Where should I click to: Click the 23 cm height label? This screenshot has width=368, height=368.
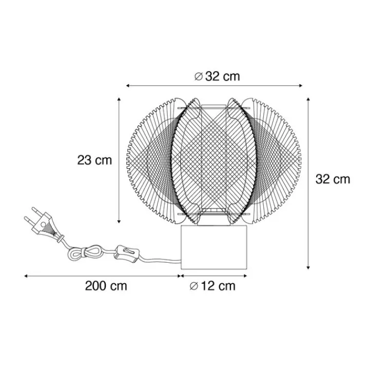pyautogui.click(x=94, y=161)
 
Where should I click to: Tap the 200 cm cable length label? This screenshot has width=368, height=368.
pyautogui.click(x=106, y=286)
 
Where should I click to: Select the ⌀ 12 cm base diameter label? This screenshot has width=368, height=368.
pyautogui.click(x=212, y=286)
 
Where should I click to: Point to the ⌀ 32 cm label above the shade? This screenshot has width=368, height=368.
pyautogui.click(x=217, y=76)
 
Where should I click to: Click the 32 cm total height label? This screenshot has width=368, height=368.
pyautogui.click(x=333, y=180)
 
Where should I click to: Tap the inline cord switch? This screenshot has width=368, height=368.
pyautogui.click(x=126, y=253)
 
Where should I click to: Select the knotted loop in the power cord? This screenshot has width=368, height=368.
pyautogui.click(x=84, y=253)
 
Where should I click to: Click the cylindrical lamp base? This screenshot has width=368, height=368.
pyautogui.click(x=214, y=247)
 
